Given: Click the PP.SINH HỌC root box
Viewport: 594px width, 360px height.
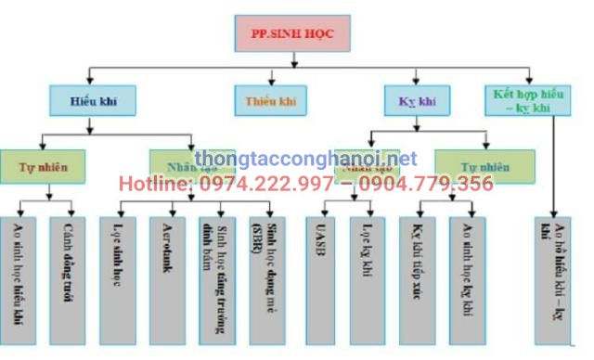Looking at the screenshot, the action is click(x=293, y=34).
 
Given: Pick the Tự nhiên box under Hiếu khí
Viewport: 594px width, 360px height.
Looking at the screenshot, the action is click(x=43, y=167).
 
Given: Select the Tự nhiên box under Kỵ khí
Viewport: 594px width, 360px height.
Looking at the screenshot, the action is click(x=484, y=167).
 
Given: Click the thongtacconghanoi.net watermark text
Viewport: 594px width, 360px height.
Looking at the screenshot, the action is click(x=306, y=160).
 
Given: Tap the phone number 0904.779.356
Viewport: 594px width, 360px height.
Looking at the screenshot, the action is click(x=429, y=184).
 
